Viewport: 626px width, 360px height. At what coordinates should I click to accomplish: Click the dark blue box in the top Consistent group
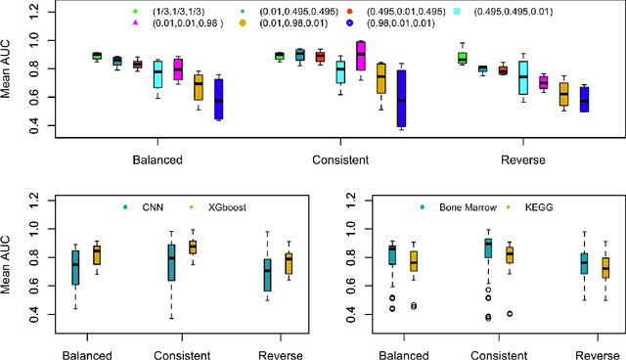[x=401, y=98]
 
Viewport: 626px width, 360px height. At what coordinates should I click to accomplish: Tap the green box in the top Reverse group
[x=462, y=59]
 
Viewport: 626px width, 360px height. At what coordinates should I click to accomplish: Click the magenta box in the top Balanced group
[x=178, y=68]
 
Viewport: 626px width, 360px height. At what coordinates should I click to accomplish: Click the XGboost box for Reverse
[x=287, y=263]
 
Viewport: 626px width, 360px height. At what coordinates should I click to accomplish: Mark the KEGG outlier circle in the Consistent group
[x=510, y=314]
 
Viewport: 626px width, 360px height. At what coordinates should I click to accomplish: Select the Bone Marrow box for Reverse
[x=584, y=262]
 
